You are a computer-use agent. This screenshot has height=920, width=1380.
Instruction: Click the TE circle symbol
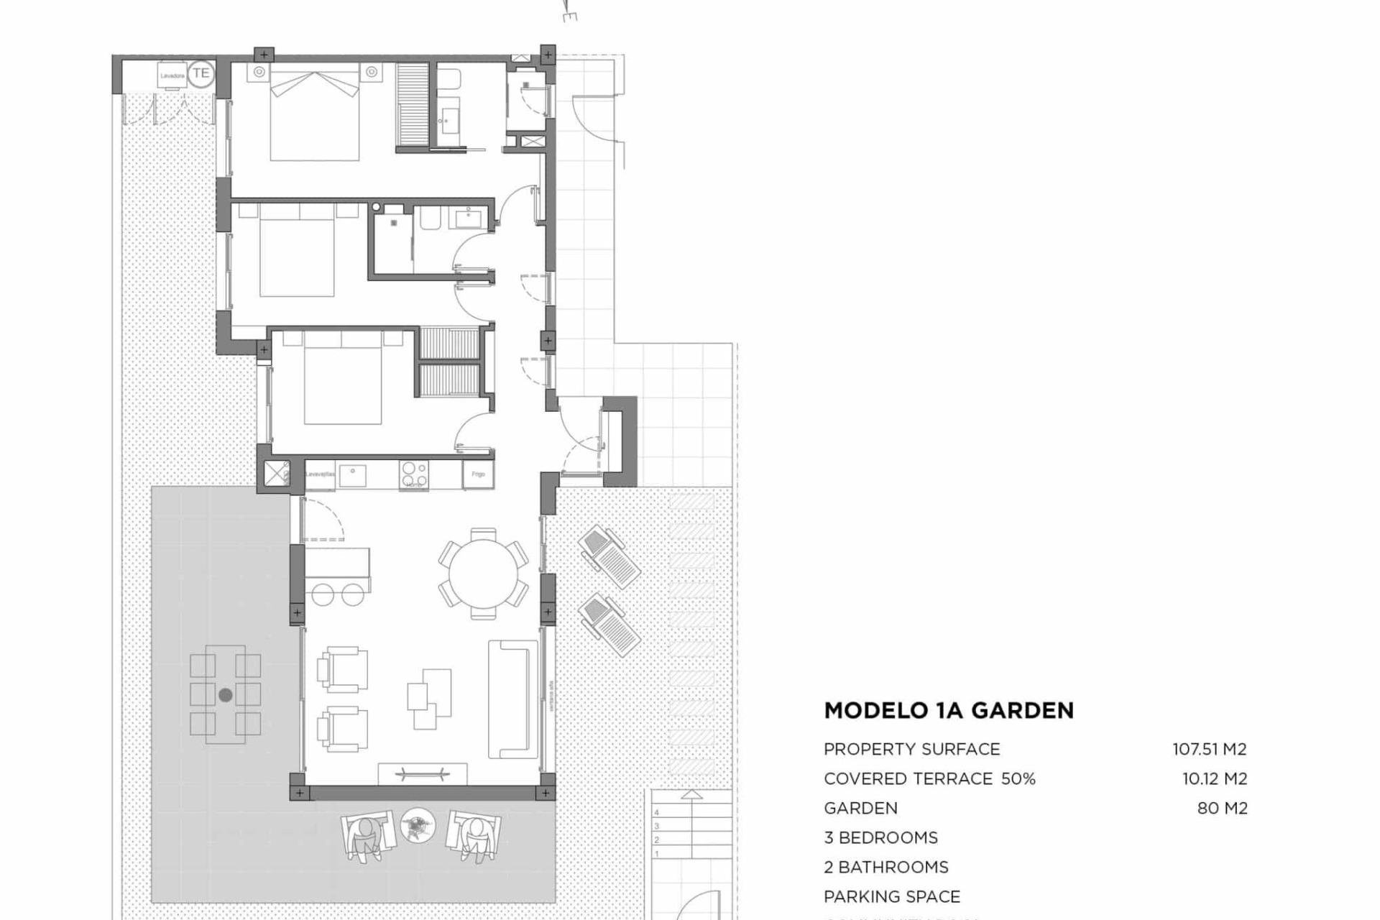click(x=201, y=73)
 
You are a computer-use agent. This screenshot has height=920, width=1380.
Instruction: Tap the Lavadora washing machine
click(x=172, y=75)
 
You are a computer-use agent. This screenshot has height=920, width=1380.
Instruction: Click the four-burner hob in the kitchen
click(x=414, y=474)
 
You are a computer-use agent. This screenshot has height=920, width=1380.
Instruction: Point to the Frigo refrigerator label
click(x=478, y=474)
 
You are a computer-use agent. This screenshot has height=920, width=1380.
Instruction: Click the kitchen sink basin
click(x=352, y=475)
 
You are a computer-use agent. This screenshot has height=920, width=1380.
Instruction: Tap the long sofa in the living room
click(x=513, y=699)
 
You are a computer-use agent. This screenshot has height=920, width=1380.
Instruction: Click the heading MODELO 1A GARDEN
click(x=949, y=710)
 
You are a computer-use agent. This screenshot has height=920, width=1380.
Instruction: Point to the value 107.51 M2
click(x=1210, y=749)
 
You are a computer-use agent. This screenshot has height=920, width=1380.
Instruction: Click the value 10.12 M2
click(x=1215, y=778)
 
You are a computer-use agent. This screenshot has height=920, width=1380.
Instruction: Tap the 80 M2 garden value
click(x=1222, y=808)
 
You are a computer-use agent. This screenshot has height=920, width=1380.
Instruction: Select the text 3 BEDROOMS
click(x=880, y=837)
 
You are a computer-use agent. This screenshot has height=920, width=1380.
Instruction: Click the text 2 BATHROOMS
click(x=885, y=867)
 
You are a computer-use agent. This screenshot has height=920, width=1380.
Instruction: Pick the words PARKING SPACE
click(x=892, y=896)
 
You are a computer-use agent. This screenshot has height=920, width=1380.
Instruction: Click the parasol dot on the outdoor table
click(x=225, y=695)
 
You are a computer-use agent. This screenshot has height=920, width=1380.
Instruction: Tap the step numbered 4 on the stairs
click(x=656, y=812)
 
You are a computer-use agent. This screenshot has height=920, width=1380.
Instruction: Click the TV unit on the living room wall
click(x=423, y=774)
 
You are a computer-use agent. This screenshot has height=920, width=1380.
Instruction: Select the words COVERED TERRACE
click(x=908, y=778)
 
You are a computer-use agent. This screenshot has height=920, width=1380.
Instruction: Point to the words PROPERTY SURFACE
click(x=911, y=749)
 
